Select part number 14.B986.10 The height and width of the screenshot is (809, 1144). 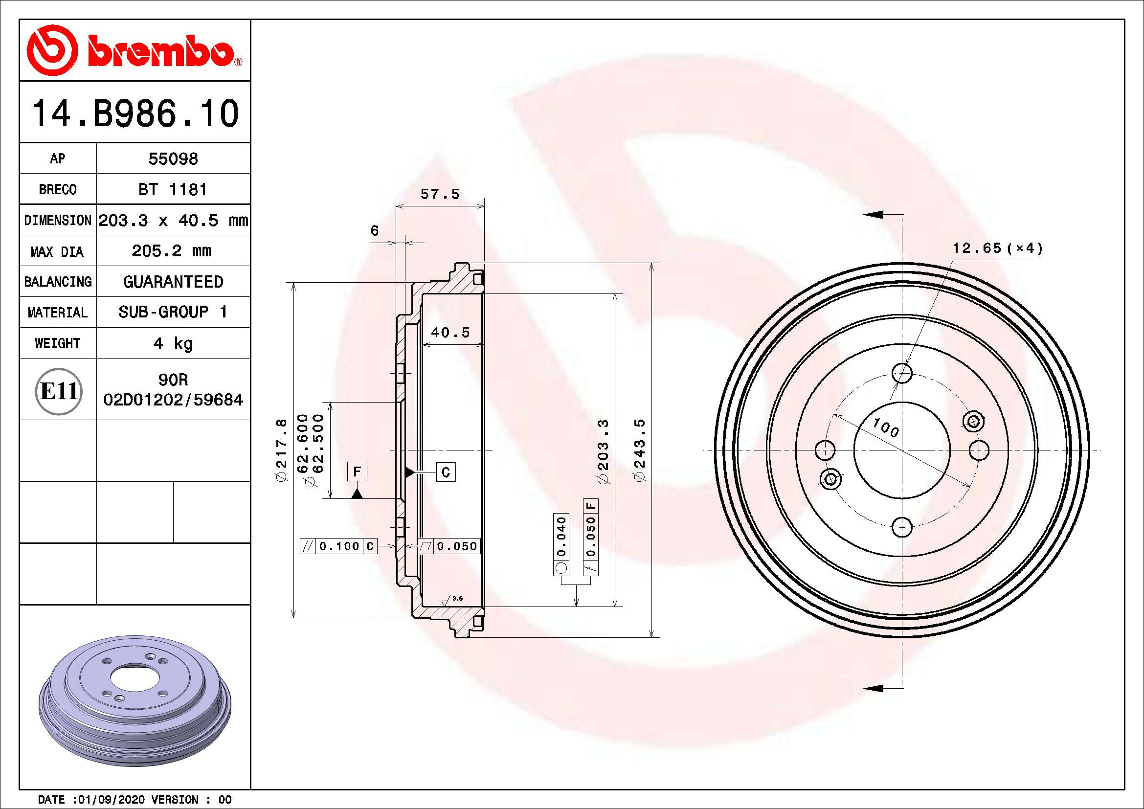coord(135,113)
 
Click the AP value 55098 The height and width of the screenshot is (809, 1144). coord(173,159)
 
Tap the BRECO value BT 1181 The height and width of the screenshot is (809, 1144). coord(172,190)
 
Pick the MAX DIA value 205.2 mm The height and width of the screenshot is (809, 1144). coord(172,251)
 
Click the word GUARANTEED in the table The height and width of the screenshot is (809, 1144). coord(173,282)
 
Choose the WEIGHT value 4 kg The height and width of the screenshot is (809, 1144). coord(173,343)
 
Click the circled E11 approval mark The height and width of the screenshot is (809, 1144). coord(59,391)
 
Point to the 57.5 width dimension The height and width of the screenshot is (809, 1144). coord(440,194)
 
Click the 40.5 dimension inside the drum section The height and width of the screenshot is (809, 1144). coord(450,333)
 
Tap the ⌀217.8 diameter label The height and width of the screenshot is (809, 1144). coord(282,450)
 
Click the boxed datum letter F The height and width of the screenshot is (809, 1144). coord(357,471)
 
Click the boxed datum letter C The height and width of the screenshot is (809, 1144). coord(446,472)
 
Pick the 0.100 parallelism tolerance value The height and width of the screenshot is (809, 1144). coord(339,546)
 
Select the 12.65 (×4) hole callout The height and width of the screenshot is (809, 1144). coord(997,248)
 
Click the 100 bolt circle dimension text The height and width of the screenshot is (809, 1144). coord(885,427)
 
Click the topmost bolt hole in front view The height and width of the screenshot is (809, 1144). coord(902,373)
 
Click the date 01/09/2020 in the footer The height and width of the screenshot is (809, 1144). coord(109,800)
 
